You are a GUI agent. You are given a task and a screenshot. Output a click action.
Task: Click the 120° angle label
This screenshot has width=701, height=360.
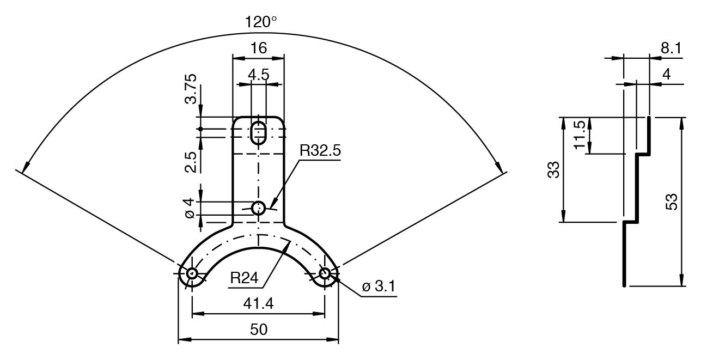(x=260, y=22)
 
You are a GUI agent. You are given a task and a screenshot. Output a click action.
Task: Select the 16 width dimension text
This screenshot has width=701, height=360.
(x=259, y=48)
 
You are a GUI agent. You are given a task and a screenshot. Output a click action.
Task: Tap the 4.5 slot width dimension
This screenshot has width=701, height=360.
(x=259, y=75)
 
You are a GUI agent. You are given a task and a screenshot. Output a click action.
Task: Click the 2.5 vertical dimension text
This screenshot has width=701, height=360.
(x=191, y=162)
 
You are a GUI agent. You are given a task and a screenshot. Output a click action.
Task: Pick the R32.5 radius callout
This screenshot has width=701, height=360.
(x=320, y=151)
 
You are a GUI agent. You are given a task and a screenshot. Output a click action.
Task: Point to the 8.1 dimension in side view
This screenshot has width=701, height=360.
(x=670, y=48)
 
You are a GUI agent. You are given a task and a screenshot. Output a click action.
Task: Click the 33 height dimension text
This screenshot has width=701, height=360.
(x=553, y=170)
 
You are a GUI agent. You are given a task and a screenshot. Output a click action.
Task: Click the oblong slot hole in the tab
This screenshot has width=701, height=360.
(x=259, y=132)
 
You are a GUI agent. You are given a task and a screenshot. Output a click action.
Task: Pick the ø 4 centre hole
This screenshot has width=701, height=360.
(x=259, y=208)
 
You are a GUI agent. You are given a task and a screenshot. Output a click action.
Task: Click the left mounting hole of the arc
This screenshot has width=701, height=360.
(x=192, y=273)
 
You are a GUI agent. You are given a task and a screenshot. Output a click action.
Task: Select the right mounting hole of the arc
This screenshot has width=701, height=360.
(x=325, y=273)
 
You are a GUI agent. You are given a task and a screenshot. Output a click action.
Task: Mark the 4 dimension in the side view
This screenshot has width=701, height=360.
(x=666, y=75)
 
